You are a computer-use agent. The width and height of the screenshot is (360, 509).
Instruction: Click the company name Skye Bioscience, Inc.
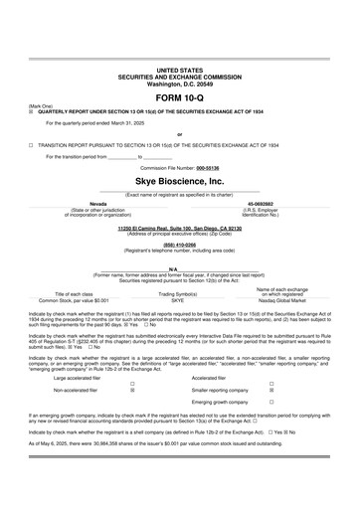pos(179,183)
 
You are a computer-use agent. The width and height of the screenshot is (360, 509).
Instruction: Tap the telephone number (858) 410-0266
pos(179,245)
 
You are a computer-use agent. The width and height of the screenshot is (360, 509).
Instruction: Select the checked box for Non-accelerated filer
pos(133,394)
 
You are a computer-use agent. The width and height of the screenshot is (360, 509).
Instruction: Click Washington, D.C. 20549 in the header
pos(179,83)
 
